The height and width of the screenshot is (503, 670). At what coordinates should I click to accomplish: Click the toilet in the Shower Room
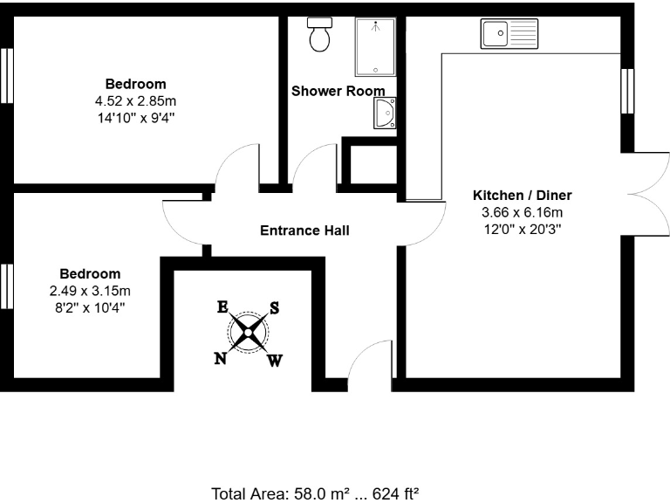[x=319, y=34]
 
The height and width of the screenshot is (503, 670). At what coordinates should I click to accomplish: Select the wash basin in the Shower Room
[x=385, y=114]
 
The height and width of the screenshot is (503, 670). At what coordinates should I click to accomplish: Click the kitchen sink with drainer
[x=509, y=34]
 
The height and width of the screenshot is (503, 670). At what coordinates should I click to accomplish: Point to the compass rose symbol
[x=249, y=332]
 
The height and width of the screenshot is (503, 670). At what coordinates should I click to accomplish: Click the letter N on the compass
[x=222, y=358]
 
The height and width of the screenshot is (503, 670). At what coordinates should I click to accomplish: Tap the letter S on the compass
[x=274, y=307]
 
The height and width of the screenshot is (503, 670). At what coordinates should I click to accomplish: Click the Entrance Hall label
[x=304, y=231]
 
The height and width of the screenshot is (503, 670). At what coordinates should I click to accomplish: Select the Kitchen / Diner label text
[x=522, y=196]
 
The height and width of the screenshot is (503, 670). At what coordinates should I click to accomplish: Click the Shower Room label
[x=338, y=91]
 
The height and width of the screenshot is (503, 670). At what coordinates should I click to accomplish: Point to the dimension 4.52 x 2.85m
[x=135, y=100]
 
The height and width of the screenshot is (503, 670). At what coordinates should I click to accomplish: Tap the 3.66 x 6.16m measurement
[x=522, y=212]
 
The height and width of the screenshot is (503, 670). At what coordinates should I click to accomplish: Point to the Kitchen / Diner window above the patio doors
[x=626, y=90]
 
